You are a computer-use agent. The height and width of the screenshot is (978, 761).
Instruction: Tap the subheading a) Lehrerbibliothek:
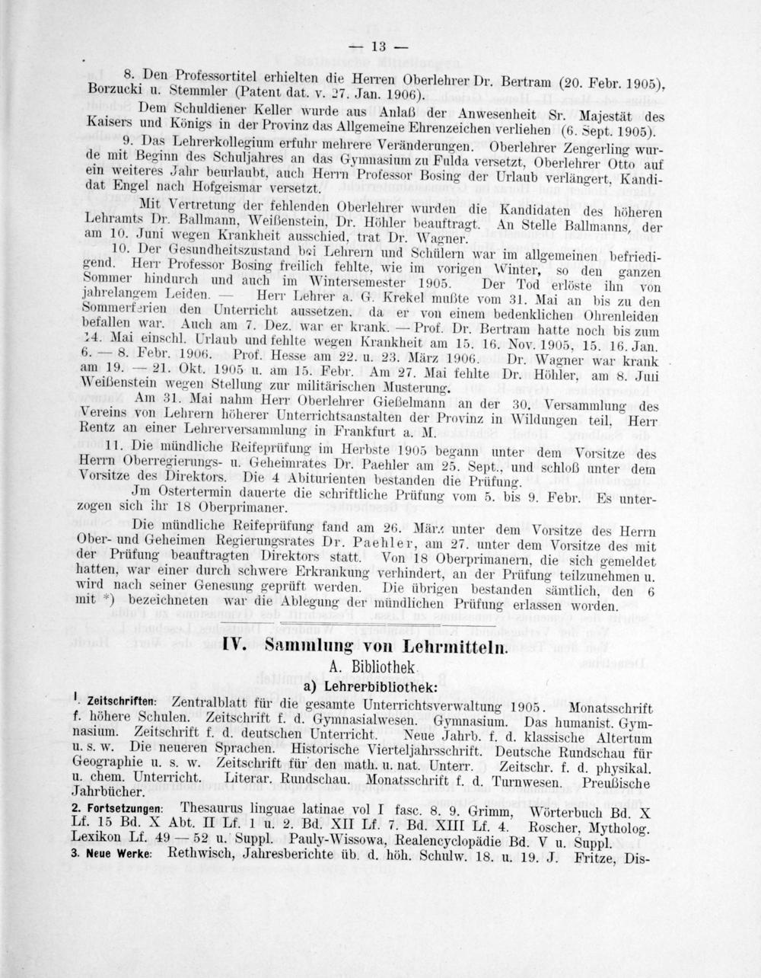pyautogui.click(x=371, y=686)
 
